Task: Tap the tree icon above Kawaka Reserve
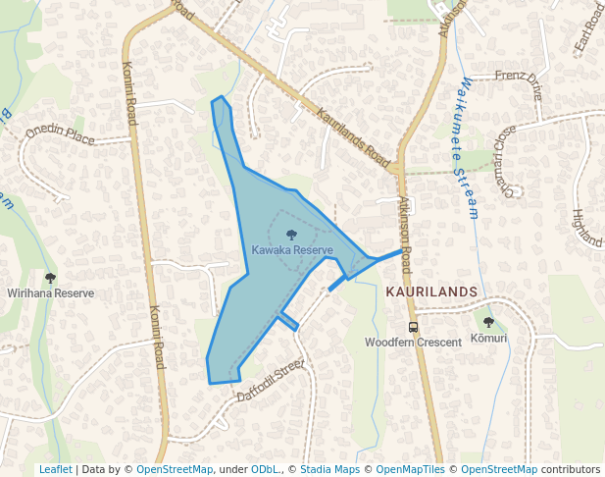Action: pos(291,235)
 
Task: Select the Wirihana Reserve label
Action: pos(50,292)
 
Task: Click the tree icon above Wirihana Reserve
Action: pos(50,278)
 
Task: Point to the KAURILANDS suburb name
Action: pos(431,292)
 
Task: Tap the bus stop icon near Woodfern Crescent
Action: pos(413,327)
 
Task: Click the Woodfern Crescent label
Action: pos(413,343)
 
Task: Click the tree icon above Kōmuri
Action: pos(488,323)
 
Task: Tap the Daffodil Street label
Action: pos(272,383)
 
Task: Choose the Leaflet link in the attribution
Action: pos(55,470)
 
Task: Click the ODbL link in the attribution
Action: pos(264,470)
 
